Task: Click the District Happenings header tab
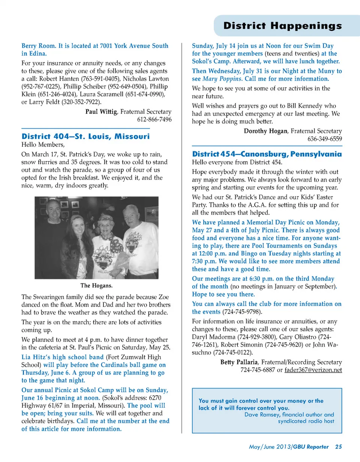point(282,25)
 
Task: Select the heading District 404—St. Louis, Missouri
point(85,136)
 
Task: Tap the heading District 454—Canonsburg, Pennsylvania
point(267,154)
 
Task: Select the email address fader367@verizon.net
point(313,370)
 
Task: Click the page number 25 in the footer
point(338,447)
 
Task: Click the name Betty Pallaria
point(239,362)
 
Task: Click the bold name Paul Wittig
point(102,112)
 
